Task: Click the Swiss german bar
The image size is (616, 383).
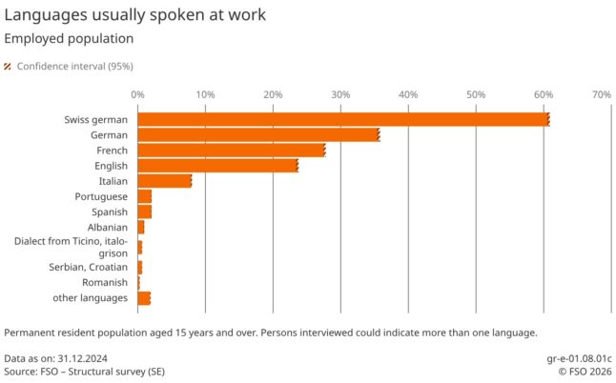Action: pyautogui.click(x=343, y=119)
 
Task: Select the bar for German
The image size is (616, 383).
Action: pyautogui.click(x=258, y=135)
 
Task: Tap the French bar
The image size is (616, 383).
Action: pyautogui.click(x=232, y=151)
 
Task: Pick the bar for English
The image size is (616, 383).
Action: pyautogui.click(x=217, y=166)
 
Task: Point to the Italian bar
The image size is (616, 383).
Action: pyautogui.click(x=164, y=181)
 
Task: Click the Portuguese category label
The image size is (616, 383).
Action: pyautogui.click(x=100, y=196)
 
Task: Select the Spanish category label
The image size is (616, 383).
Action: pyautogui.click(x=109, y=212)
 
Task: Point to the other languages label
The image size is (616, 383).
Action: pyautogui.click(x=91, y=298)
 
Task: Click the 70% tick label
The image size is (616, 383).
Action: pyautogui.click(x=601, y=94)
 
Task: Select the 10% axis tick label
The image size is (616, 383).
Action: pyautogui.click(x=204, y=94)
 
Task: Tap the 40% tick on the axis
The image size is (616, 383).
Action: pyautogui.click(x=408, y=94)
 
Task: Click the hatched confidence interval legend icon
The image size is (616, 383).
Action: pyautogui.click(x=8, y=67)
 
